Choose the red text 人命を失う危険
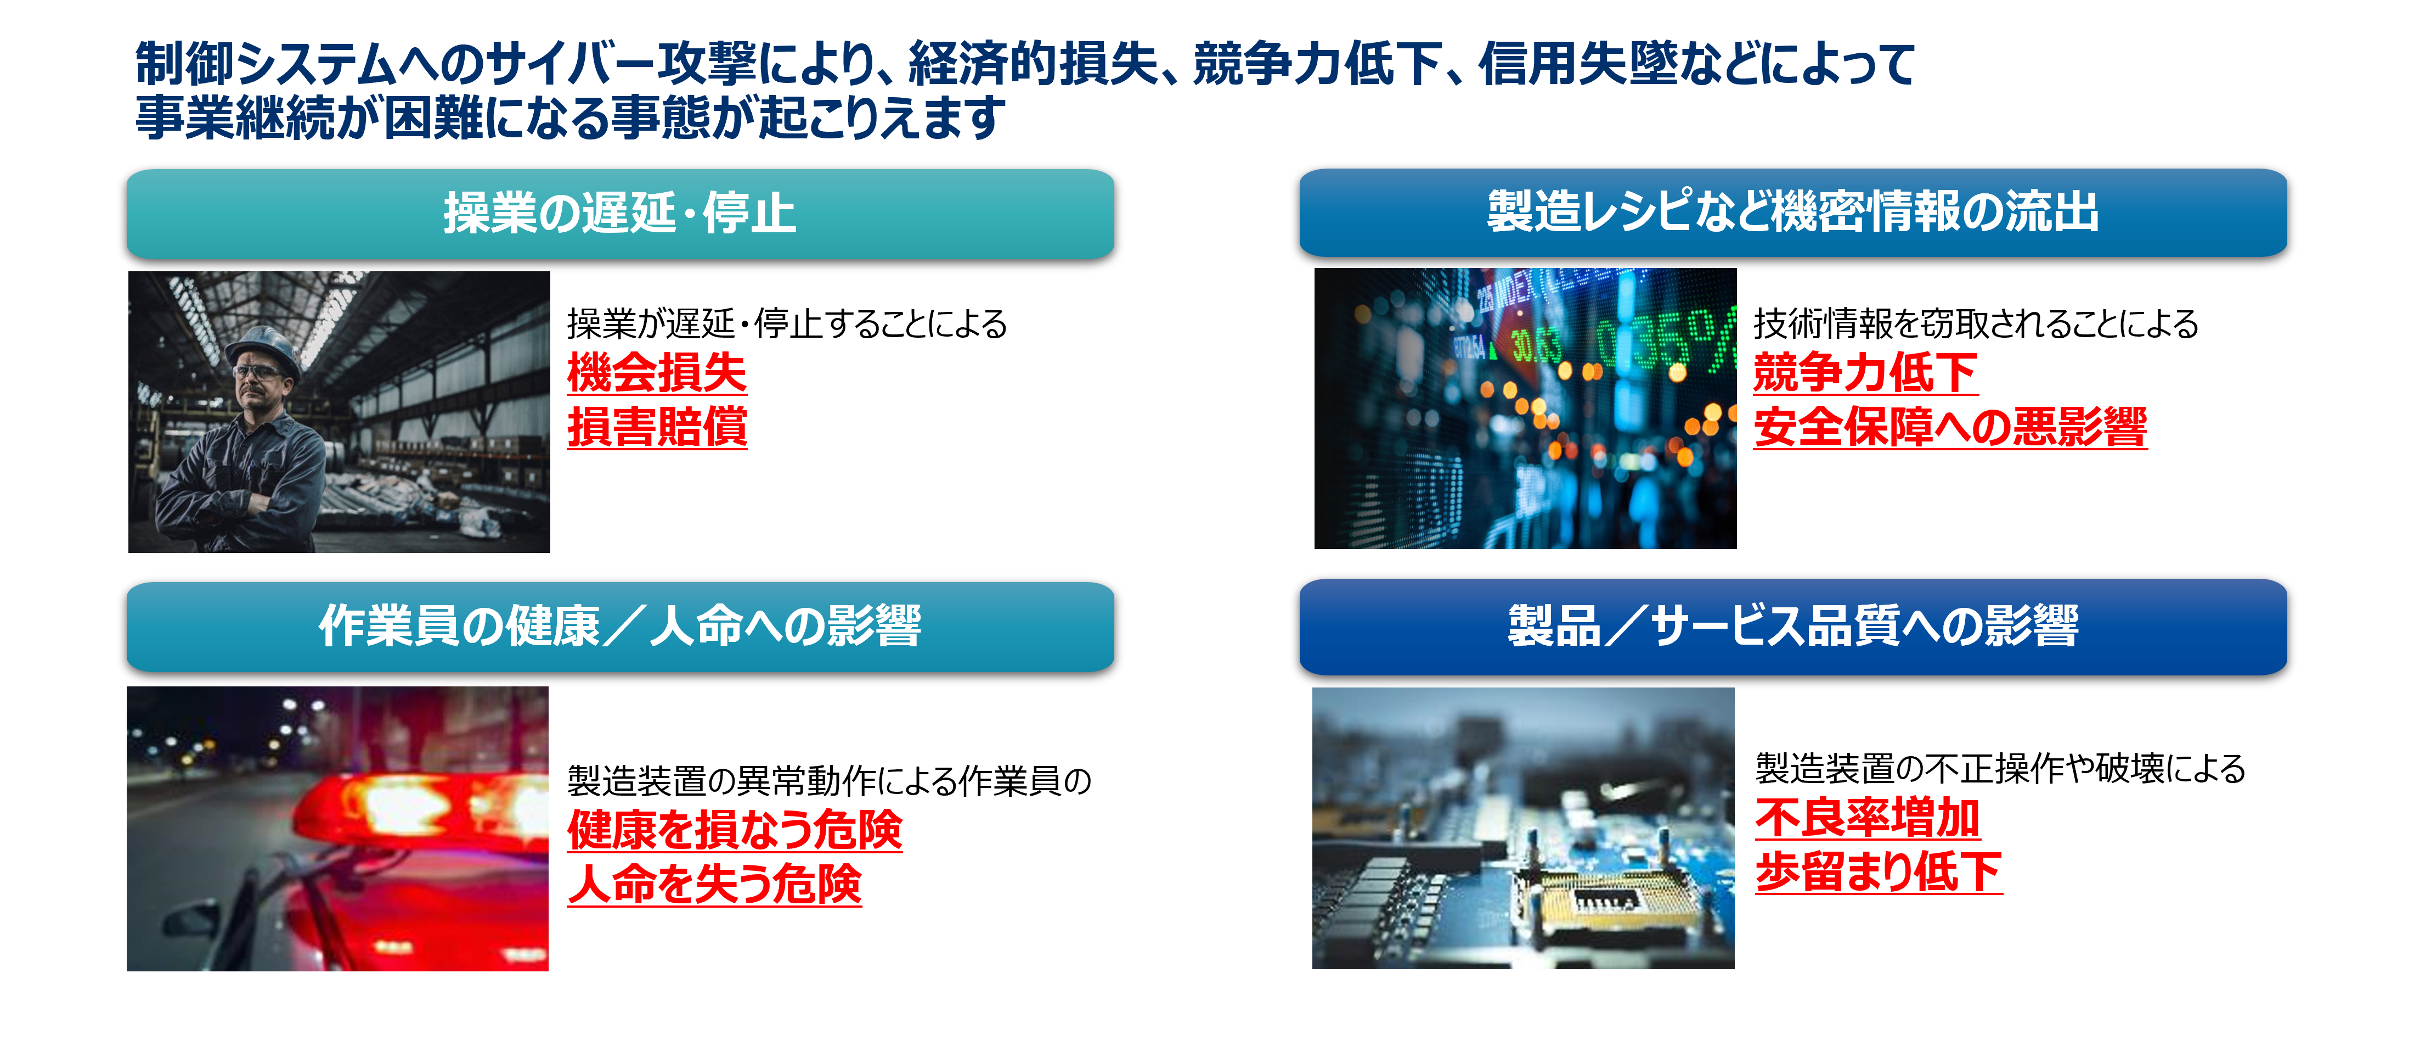tap(714, 884)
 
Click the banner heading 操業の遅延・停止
tap(619, 213)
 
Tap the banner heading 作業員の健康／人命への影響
tap(619, 625)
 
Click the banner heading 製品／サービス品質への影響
tap(1793, 625)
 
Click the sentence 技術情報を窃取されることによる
tap(1976, 323)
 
